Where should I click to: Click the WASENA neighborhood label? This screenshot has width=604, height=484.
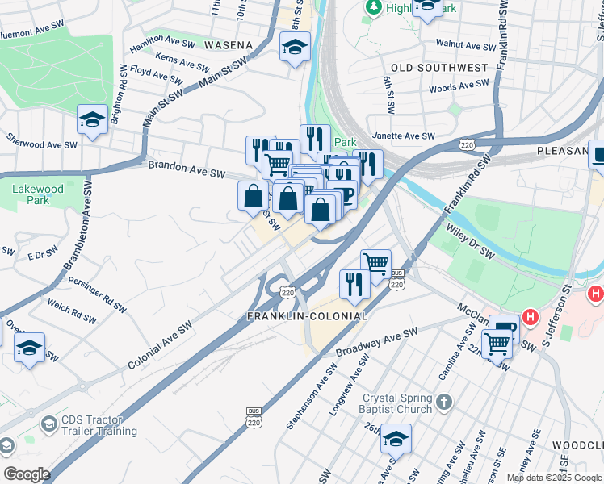coord(228,45)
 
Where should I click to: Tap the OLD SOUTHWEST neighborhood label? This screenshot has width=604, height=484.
coord(439,68)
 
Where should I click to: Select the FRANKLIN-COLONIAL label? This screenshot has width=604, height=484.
coord(307,317)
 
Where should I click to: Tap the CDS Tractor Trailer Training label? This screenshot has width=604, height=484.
coord(90,425)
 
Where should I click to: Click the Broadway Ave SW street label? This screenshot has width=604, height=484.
coord(377,342)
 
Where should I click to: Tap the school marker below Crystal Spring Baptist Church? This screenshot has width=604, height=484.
coord(396,438)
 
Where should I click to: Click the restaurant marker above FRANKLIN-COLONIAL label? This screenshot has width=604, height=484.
coord(354,282)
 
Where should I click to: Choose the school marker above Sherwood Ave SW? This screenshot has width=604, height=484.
coord(93,119)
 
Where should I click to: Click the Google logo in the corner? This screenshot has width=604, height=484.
coord(26,474)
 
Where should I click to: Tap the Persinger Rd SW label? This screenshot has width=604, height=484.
coord(96,296)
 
